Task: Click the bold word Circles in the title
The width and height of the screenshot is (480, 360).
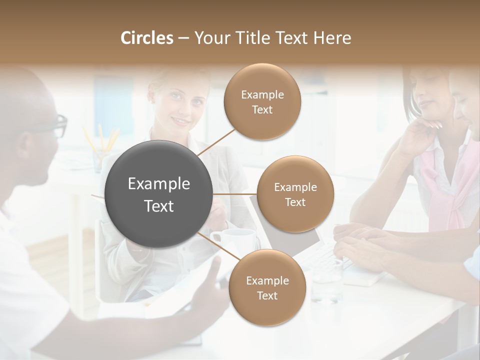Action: (x=147, y=38)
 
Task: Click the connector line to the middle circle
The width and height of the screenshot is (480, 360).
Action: (x=234, y=193)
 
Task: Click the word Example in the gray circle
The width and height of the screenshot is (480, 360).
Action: (x=159, y=184)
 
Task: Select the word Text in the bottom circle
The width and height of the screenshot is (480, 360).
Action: (x=267, y=295)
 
